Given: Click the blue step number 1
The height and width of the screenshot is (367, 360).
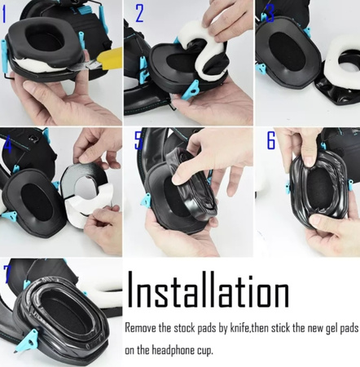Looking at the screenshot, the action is click(4, 15).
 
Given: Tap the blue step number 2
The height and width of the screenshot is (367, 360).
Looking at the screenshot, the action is click(139, 14).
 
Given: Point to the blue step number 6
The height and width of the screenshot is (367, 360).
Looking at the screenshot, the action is click(271, 140).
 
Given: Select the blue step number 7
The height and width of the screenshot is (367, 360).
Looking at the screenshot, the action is click(7, 273).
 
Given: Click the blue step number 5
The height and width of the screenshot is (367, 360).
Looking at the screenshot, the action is click(139, 140).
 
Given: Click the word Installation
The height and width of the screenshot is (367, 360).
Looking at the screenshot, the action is click(208, 290).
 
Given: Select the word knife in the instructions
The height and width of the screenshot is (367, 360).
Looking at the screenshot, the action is click(239, 328).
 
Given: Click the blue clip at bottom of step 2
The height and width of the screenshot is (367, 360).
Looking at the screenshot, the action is click(190, 90).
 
